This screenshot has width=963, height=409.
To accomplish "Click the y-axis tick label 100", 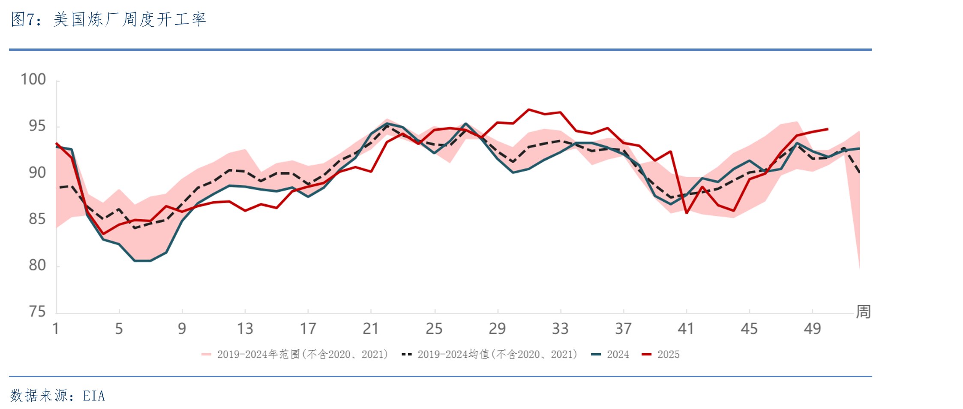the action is point(33,79).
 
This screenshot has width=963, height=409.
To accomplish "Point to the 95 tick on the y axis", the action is point(37,126).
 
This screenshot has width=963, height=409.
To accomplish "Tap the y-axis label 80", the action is point(37,265).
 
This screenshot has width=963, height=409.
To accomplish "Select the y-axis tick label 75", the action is point(37,312).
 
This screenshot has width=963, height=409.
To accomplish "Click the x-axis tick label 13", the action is point(245,329).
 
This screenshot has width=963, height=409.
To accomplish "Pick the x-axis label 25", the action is point(434,329).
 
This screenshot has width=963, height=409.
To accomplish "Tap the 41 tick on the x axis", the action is point(686,329).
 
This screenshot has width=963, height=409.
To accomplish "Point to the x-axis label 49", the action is point(812,329).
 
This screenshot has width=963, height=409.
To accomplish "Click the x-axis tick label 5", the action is point(119,329).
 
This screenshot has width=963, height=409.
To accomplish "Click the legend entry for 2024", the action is point(610,354).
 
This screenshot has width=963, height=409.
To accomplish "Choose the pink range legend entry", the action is point(295,354).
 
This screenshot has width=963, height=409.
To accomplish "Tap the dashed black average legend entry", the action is point(489,354).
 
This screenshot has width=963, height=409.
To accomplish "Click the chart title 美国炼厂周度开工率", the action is point(130,19).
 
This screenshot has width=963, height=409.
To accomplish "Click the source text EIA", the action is point(94,396).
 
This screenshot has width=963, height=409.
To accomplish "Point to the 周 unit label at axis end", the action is point(863,312).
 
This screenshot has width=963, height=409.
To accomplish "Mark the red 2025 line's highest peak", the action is point(529,109).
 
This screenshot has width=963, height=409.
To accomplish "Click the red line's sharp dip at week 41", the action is point(687,213).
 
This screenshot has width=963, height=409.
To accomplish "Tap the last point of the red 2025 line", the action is point(828,129).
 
